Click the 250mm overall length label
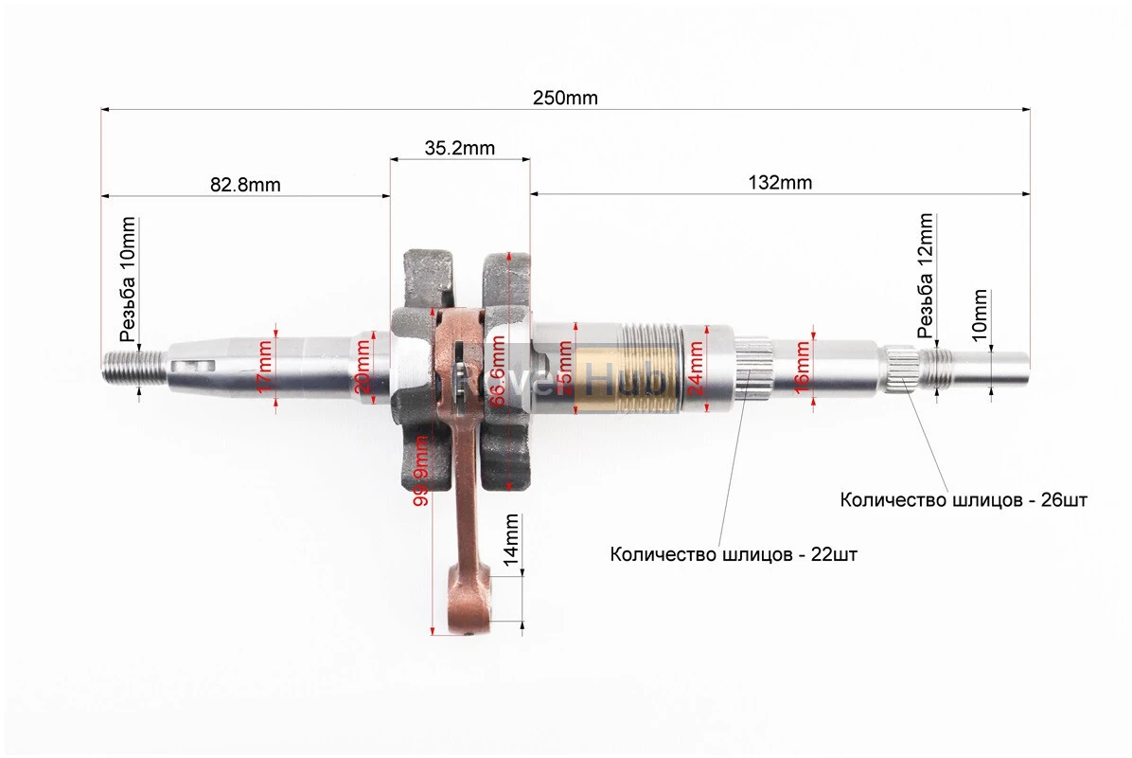[x=565, y=98]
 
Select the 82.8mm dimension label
[x=245, y=184]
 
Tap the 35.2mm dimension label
[x=459, y=148]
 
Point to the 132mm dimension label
[x=779, y=183]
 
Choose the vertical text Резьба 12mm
[x=926, y=275]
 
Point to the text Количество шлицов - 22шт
[x=734, y=555]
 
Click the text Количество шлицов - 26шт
[x=964, y=500]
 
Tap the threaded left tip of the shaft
[x=123, y=364]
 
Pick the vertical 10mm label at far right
[x=980, y=315]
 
